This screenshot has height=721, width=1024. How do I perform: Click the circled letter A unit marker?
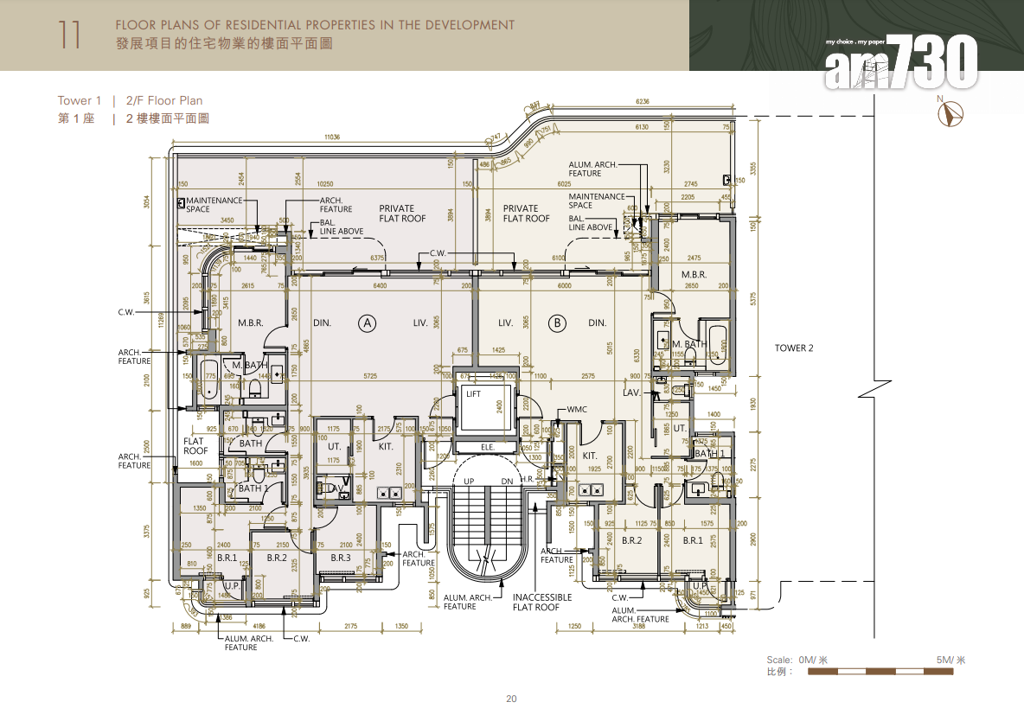[x=368, y=323]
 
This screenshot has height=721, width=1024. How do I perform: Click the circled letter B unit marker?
[x=558, y=323]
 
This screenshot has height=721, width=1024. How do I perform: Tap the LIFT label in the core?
[x=473, y=394]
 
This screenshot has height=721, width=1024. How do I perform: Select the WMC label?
[x=578, y=410]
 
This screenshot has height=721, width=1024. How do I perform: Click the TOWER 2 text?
[x=794, y=348]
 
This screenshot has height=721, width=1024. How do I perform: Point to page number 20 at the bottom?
[x=511, y=699]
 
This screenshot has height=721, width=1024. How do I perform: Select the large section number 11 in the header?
[x=70, y=35]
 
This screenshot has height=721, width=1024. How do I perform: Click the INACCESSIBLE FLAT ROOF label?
[x=542, y=602]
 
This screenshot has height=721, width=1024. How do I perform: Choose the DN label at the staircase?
[x=508, y=481]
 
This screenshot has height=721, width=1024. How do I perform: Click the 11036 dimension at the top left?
[x=333, y=137]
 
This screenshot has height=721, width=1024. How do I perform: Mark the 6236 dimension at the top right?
[x=643, y=102]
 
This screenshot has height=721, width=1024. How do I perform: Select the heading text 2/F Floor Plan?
[x=164, y=101]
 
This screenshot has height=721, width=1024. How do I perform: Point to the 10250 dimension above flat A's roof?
[x=325, y=183]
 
